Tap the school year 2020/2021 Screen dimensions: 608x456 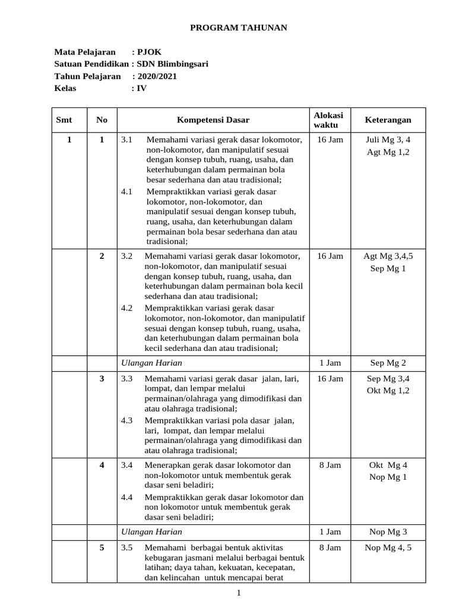point(157,76)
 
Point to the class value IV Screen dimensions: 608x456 point(142,88)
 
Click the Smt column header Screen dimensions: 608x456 point(64,120)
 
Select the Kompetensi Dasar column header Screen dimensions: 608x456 point(213,120)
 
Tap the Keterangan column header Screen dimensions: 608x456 point(388,120)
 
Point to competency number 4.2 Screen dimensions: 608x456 point(126,308)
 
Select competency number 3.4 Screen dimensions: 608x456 point(126,465)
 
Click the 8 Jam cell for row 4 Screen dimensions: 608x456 point(330,465)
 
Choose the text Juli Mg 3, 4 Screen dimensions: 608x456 point(388,140)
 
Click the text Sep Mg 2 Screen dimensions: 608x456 point(388,363)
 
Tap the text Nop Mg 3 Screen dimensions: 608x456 point(388,531)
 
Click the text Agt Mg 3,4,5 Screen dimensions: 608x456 point(388,256)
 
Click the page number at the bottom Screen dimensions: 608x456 point(238,593)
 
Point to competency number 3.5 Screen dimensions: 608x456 point(126,547)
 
